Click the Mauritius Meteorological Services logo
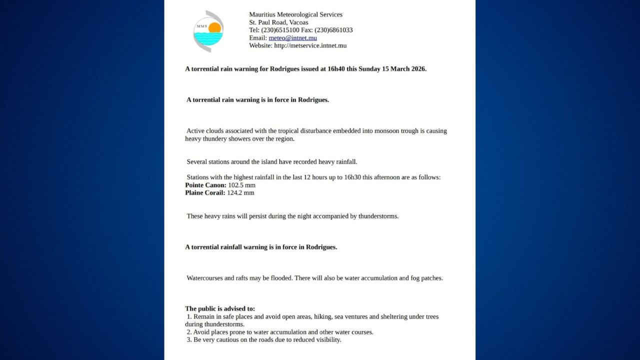(208, 31)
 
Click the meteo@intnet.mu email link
(292, 37)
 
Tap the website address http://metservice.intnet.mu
(310, 45)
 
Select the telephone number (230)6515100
(280, 30)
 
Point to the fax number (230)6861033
(333, 30)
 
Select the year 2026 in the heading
(417, 69)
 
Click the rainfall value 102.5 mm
(242, 185)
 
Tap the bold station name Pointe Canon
(205, 185)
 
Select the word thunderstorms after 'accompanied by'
(378, 216)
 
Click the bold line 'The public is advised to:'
(220, 308)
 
